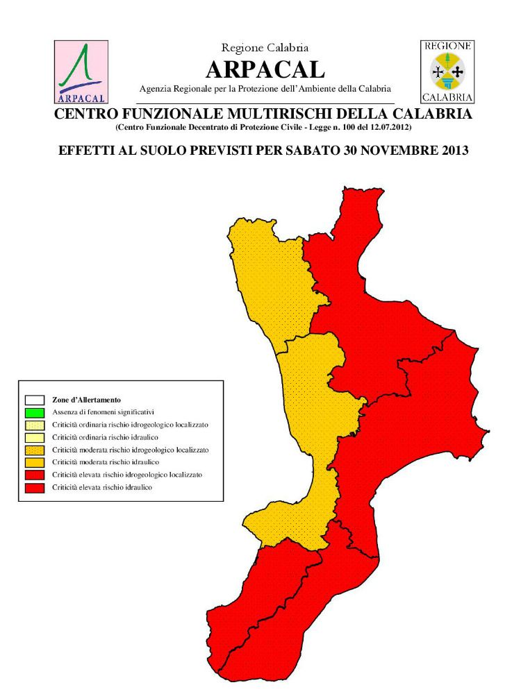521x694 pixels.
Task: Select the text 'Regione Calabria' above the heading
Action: (x=265, y=48)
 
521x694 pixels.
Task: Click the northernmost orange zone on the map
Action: (x=271, y=278)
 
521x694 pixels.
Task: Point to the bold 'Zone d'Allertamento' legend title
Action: (x=87, y=400)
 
